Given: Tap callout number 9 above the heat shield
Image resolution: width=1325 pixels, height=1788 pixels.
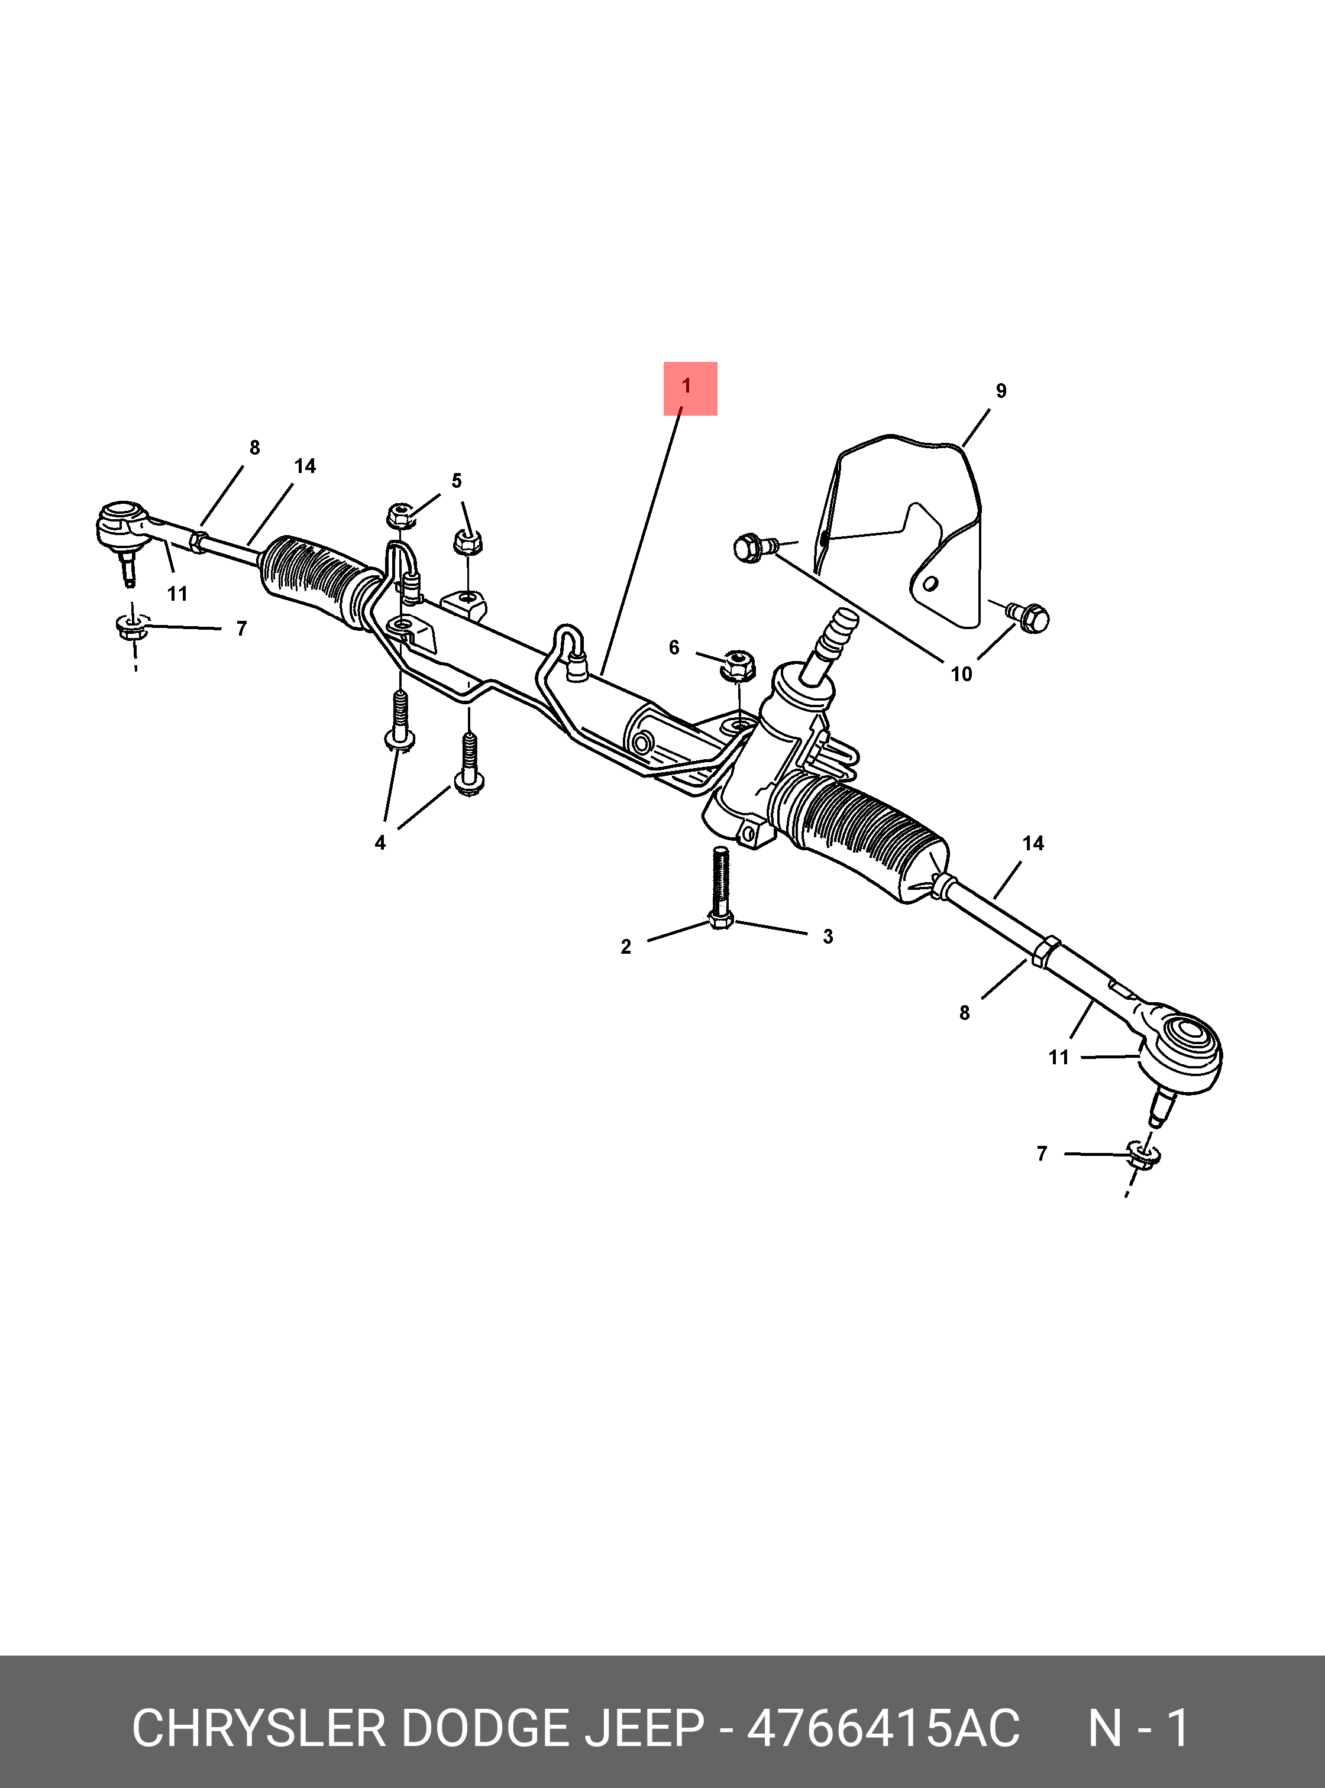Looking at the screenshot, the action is (x=1001, y=391).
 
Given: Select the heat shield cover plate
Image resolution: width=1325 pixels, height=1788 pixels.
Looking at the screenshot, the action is (x=902, y=529).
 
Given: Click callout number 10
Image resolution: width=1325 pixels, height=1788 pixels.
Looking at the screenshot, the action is (x=962, y=674).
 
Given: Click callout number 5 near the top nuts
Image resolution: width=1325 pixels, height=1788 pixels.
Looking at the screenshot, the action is (x=457, y=481).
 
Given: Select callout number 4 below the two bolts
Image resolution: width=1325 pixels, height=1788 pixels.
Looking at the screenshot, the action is (x=380, y=843).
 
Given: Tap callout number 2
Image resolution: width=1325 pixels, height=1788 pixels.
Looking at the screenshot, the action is (x=626, y=947).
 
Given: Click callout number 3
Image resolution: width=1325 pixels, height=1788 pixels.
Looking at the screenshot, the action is (x=828, y=937).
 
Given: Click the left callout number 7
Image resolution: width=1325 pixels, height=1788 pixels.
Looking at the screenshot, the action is (x=241, y=629).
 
